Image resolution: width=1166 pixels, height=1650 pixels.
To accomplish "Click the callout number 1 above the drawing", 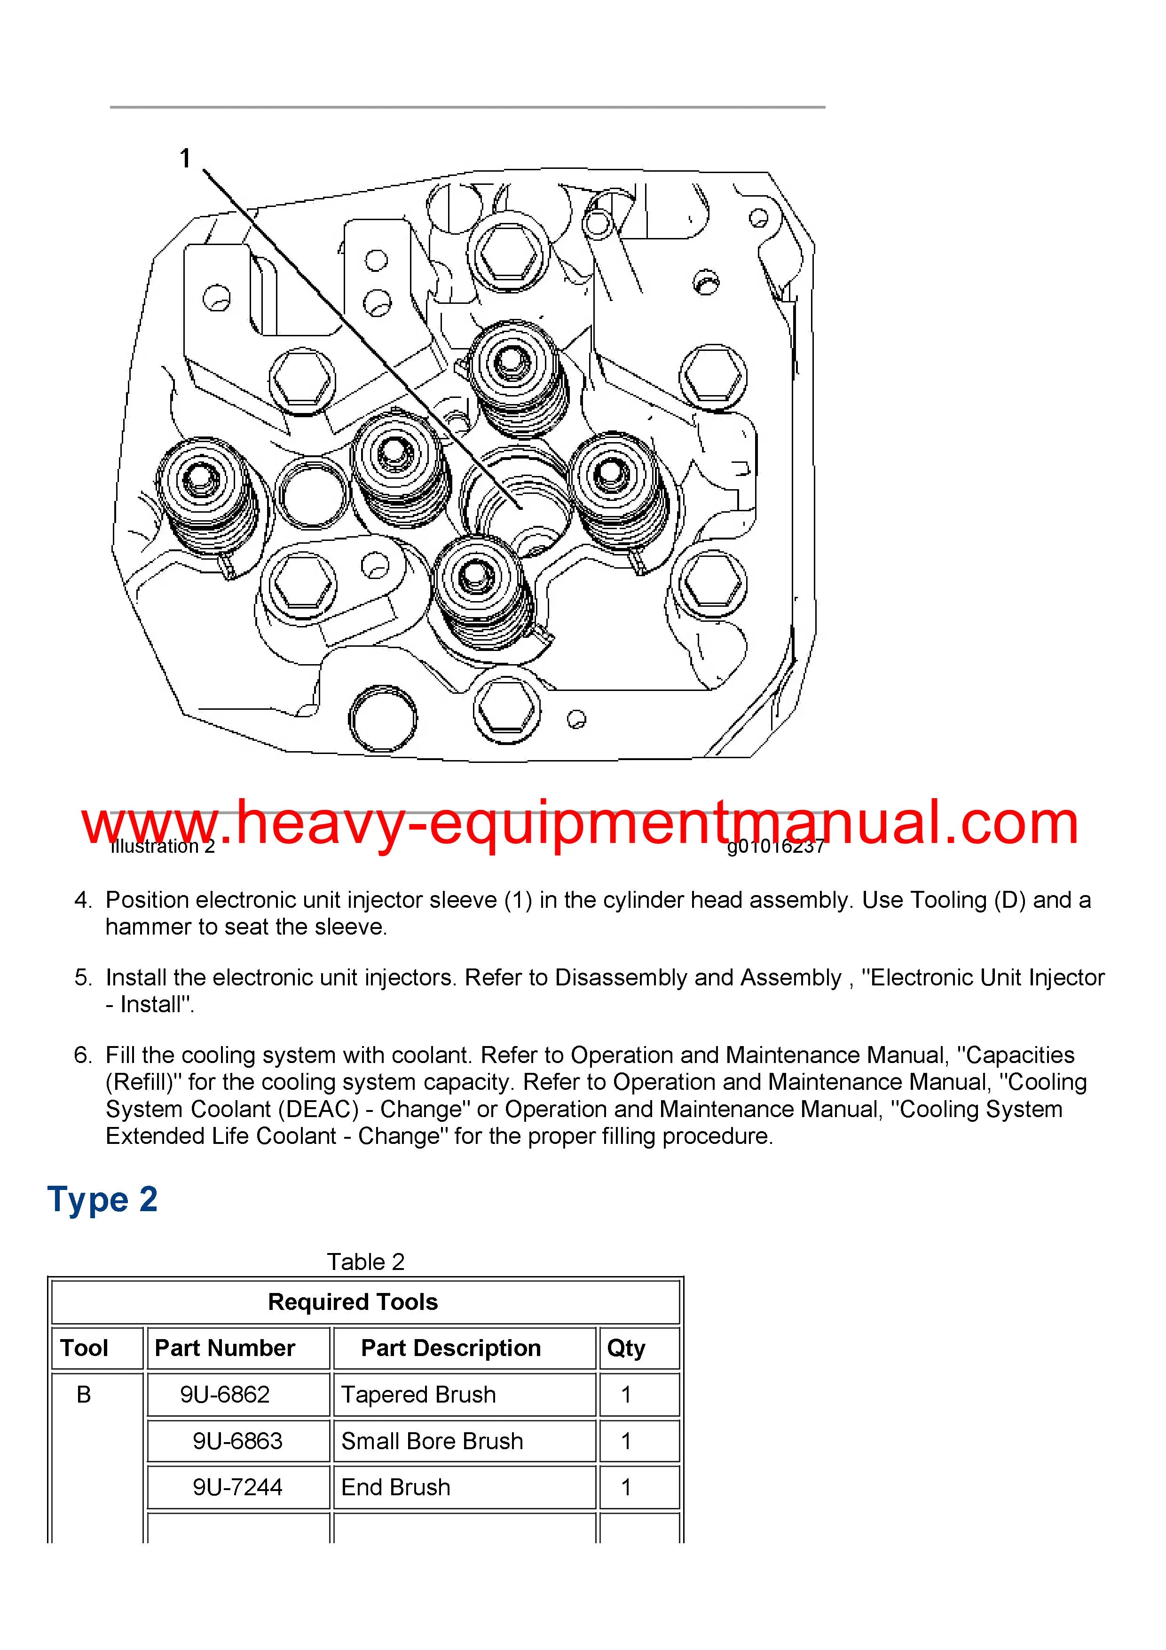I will point(185,158).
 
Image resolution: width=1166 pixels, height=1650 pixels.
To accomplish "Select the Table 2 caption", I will point(366,1262).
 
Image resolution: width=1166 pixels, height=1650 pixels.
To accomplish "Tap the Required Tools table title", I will point(353,1302).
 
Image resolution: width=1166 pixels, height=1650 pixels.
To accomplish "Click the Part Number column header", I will point(225,1348).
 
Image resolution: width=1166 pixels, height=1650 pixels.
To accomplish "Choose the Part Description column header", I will point(450,1348).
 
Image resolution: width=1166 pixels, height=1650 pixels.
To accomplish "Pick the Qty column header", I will point(626,1348).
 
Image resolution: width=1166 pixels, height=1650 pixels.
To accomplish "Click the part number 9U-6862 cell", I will point(225,1395).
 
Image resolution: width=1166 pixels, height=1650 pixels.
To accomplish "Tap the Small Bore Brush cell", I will point(432,1442).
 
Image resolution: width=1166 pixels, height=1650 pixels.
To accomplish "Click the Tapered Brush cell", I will point(418,1395).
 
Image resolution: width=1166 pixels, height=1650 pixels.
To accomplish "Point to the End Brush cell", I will point(396,1488).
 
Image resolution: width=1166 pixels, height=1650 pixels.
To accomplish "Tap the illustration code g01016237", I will point(775,847).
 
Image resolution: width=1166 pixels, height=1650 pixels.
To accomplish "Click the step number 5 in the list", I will point(83,977).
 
